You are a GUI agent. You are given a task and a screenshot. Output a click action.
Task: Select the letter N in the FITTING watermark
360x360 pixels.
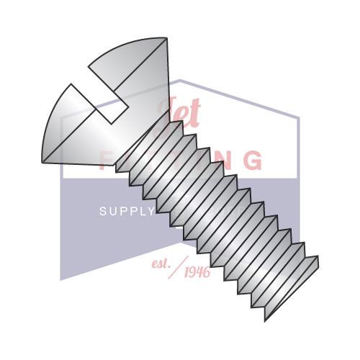point(224,159)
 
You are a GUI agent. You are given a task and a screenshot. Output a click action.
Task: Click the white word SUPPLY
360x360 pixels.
point(126,211)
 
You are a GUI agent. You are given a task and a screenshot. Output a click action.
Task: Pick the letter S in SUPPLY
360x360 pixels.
point(102,211)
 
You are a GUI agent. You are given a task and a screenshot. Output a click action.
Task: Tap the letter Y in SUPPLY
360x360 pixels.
point(150,211)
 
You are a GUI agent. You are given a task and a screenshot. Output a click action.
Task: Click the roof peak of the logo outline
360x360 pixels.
point(180,80)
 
